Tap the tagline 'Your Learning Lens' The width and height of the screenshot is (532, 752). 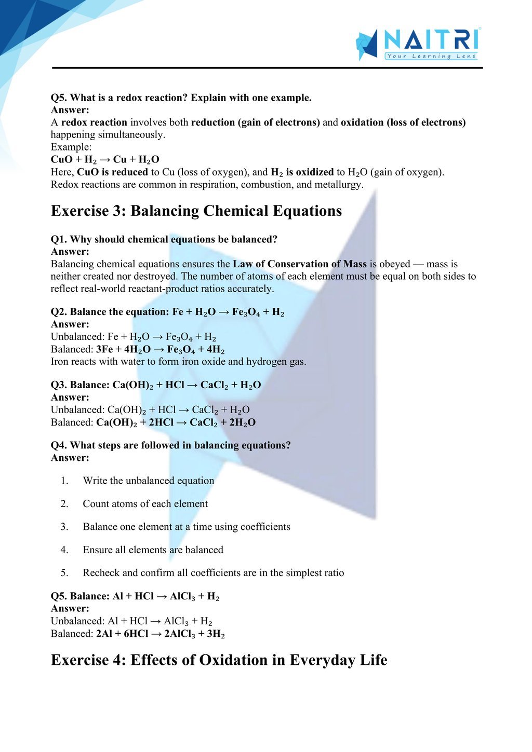431,56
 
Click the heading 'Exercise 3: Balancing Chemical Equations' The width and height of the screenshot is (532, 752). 196,211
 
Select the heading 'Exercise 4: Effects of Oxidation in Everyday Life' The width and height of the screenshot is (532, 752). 219,660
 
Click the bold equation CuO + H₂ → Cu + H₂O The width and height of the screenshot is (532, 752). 105,159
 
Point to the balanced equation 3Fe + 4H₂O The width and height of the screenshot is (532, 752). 161,349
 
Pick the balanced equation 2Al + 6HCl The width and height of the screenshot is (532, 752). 161,634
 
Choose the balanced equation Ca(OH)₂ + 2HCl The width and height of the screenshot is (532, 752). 176,422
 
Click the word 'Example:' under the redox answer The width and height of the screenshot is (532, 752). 71,147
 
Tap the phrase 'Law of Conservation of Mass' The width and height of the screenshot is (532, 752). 300,264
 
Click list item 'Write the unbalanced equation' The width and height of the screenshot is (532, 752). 149,481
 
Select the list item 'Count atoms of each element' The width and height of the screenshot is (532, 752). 145,504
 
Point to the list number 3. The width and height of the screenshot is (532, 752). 64,527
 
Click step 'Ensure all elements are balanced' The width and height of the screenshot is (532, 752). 153,550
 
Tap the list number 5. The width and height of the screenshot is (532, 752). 64,573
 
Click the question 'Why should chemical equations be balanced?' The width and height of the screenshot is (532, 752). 174,239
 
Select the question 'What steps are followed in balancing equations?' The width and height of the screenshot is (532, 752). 180,445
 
